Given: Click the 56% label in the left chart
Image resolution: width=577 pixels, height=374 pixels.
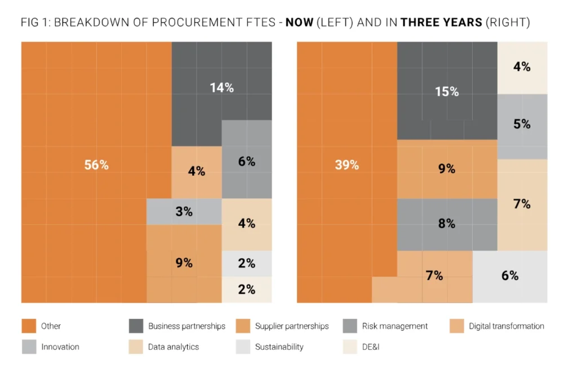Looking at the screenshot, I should (x=96, y=166).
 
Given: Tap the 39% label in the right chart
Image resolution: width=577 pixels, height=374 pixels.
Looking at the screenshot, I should (x=347, y=165).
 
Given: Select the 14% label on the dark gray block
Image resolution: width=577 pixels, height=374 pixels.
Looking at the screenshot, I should (x=221, y=88).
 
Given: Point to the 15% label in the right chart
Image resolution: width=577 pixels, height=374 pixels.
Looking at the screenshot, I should (x=447, y=92).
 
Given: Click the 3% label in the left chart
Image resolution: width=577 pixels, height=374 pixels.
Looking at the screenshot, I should (x=184, y=212).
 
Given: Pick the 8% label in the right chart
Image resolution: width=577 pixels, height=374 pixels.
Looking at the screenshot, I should (x=446, y=224).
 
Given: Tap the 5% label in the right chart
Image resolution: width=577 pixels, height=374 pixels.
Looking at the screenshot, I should (x=522, y=124).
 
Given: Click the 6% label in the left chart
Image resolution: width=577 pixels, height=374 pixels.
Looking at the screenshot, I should (x=247, y=162).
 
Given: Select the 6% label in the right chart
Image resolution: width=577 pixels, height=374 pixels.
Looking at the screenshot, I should (x=509, y=276).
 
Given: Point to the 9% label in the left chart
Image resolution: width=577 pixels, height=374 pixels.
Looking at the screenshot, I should (x=184, y=262).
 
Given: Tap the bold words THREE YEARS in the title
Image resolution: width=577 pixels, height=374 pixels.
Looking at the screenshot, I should (x=442, y=24).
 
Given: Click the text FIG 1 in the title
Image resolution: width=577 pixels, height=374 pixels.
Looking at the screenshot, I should (x=35, y=24).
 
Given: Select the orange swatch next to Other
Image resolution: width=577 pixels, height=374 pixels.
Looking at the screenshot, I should (x=29, y=326).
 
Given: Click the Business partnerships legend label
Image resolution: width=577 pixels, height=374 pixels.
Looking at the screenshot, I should (x=187, y=326).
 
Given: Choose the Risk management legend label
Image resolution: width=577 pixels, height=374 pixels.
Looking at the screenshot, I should (x=397, y=326).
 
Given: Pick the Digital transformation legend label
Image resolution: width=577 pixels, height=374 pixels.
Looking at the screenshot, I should (x=506, y=326).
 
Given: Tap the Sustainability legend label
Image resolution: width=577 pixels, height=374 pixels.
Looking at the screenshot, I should (x=279, y=347).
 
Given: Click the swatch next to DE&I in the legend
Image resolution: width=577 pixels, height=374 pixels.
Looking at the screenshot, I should (x=349, y=347).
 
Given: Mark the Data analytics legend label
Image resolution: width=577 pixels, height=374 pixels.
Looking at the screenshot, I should (x=174, y=347).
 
